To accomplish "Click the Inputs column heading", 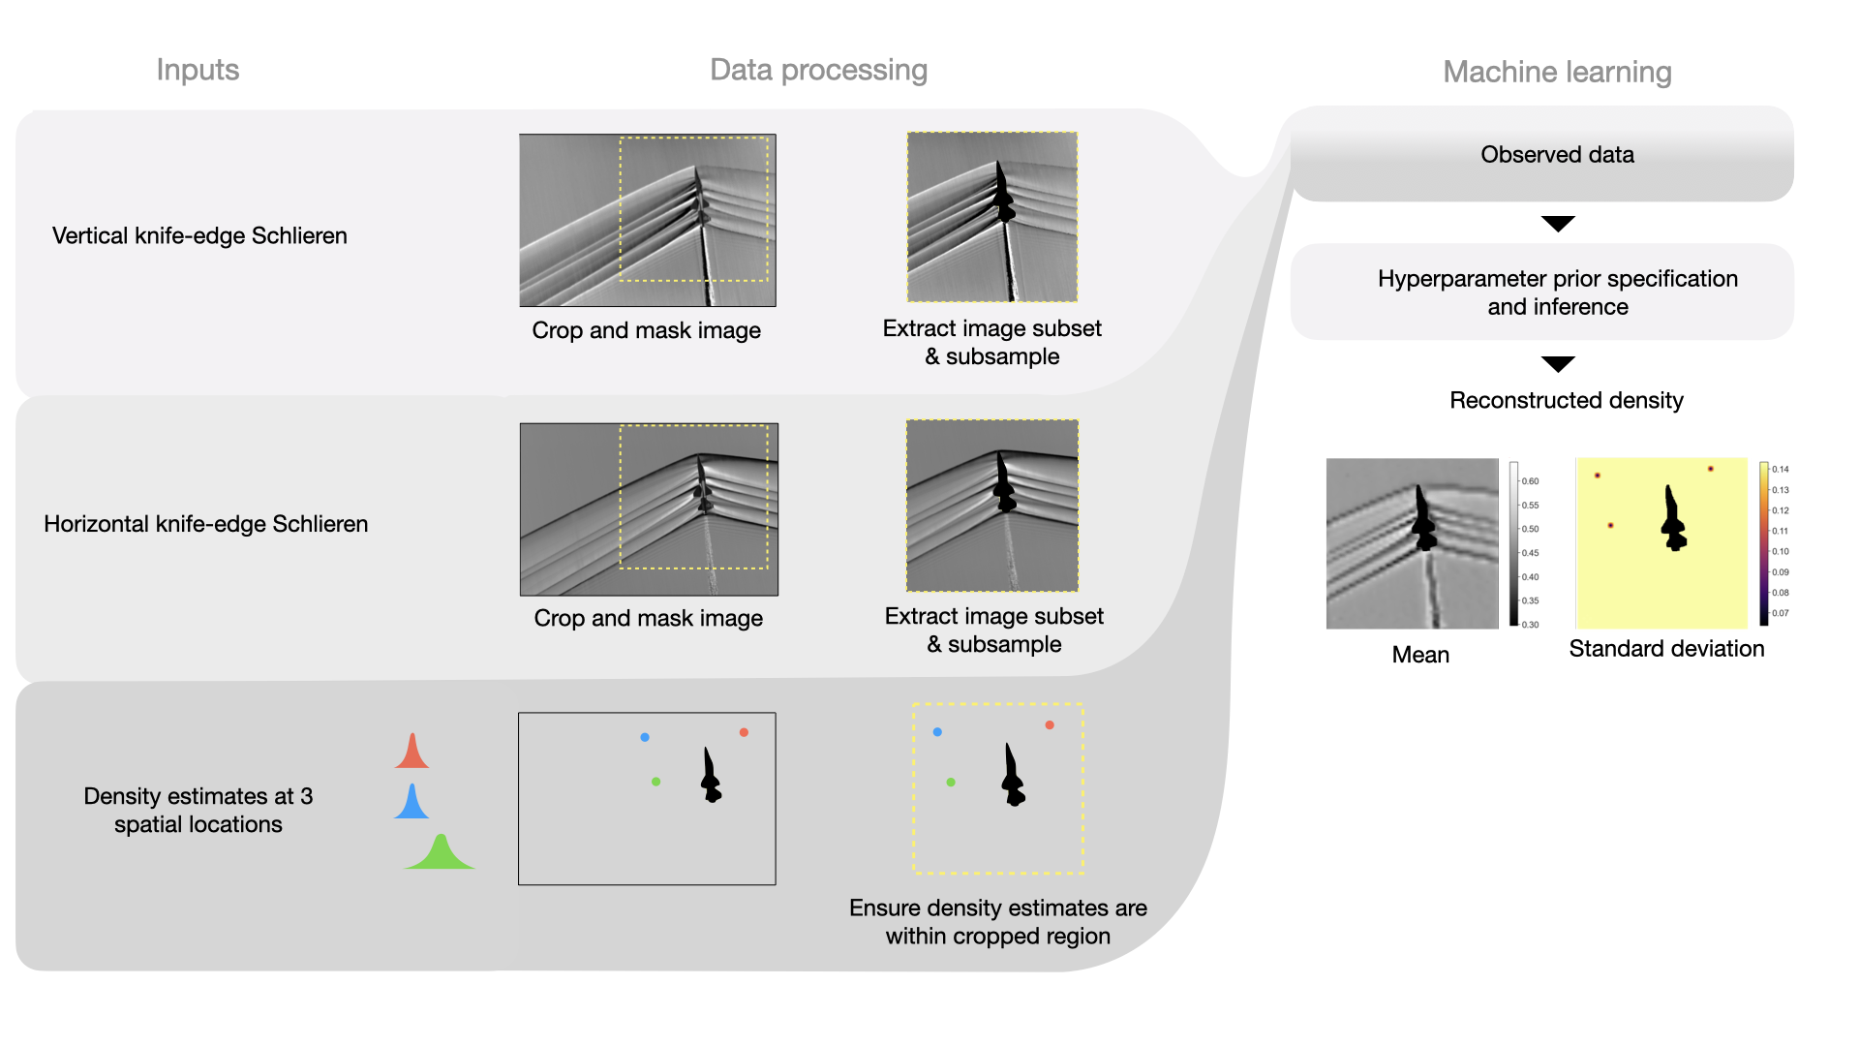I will tap(198, 70).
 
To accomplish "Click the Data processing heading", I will tap(818, 70).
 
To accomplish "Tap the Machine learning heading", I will tap(1557, 72).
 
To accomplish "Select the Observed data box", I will tap(1557, 155).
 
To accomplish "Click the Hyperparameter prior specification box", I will tap(1557, 292).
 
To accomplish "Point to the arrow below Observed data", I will tap(1557, 224).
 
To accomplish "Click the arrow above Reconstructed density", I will tap(1557, 364).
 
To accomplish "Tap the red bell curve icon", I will tap(411, 754).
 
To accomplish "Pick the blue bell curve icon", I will tap(411, 804).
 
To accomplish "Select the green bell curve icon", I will tap(441, 854).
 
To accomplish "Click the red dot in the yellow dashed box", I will tap(1050, 724).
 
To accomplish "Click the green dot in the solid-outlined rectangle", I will tap(656, 782).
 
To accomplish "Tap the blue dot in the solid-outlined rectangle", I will tap(645, 737).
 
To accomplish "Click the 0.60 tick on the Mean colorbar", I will tap(1530, 481).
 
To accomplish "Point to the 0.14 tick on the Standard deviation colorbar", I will tap(1780, 470).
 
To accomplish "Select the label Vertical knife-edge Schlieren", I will tap(199, 236).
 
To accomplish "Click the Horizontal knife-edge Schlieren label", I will tap(205, 524).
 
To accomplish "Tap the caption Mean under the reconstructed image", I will tap(1420, 655).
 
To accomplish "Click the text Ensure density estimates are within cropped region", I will tap(997, 922).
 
